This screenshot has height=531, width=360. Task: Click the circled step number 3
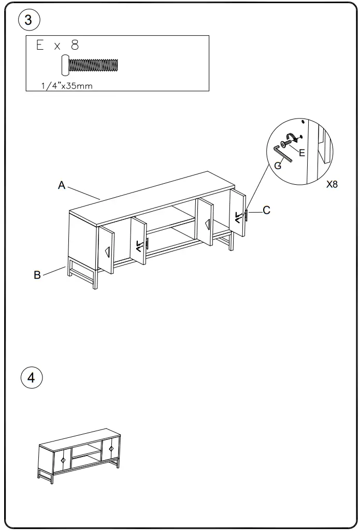coord(28,20)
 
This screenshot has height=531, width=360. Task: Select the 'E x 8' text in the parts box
coord(57,45)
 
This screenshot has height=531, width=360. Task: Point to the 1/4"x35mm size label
coord(67,86)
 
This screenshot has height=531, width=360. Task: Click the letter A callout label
coord(61,185)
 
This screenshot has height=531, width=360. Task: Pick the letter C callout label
coord(266,210)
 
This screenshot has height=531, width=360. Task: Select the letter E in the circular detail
coord(302,153)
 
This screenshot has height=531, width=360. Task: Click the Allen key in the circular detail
coord(283,154)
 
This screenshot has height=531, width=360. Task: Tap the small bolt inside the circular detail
coord(286,140)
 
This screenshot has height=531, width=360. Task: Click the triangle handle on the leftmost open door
coord(107,252)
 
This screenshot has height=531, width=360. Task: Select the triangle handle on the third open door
coord(207,224)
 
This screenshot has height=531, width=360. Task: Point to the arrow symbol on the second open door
coord(139,245)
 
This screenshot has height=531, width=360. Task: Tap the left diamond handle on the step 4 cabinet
coord(63,460)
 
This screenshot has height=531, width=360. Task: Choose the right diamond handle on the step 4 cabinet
coord(111,448)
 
